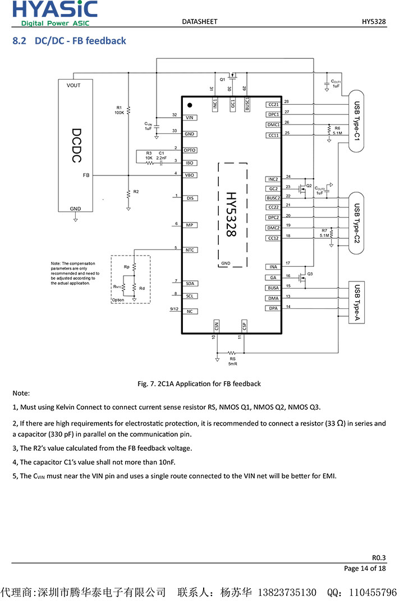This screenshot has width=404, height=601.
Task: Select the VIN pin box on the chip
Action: coord(190,118)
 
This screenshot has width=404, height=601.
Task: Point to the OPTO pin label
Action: coord(190,150)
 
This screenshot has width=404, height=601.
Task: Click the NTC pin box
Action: coord(190,250)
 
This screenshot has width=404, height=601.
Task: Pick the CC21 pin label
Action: coord(273,104)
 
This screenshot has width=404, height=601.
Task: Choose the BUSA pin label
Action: coord(273,288)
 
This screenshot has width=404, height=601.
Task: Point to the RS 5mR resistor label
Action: coord(233,361)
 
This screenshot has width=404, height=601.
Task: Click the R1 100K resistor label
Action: coord(119,110)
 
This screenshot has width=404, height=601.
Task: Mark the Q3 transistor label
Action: coord(310,273)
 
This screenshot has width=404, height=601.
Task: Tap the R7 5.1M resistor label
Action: coord(324,233)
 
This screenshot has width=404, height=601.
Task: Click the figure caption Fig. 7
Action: coord(199,383)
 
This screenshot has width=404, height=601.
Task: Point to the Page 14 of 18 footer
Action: coord(365,568)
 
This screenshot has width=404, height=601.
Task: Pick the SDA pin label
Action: coord(190,284)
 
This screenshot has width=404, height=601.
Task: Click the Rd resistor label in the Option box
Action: coord(142,288)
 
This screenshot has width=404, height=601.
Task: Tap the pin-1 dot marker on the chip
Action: coord(190,105)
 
